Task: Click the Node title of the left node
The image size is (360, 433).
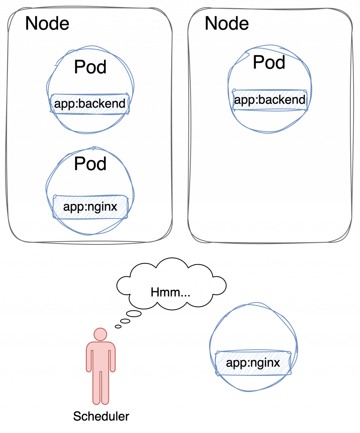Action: (47, 24)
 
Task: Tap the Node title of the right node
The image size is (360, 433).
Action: (227, 24)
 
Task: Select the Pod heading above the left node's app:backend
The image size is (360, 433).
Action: (90, 67)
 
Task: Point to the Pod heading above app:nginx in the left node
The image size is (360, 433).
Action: (90, 163)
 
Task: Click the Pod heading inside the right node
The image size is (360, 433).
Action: (269, 63)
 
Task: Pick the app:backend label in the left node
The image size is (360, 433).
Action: (90, 104)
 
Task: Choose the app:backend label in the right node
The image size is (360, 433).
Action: (270, 100)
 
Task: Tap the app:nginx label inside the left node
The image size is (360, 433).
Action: (90, 206)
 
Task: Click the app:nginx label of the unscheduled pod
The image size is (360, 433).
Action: (253, 363)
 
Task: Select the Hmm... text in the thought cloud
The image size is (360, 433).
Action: (171, 292)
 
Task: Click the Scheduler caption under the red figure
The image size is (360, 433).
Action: (101, 417)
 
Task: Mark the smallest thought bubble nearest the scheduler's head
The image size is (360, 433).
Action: (118, 326)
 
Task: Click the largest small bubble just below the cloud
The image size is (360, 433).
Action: (134, 314)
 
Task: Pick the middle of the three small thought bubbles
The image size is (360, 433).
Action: (126, 321)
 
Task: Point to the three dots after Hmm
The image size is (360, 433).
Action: (185, 294)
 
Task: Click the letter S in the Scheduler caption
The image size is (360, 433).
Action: (76, 417)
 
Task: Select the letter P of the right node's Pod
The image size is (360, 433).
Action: (259, 63)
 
